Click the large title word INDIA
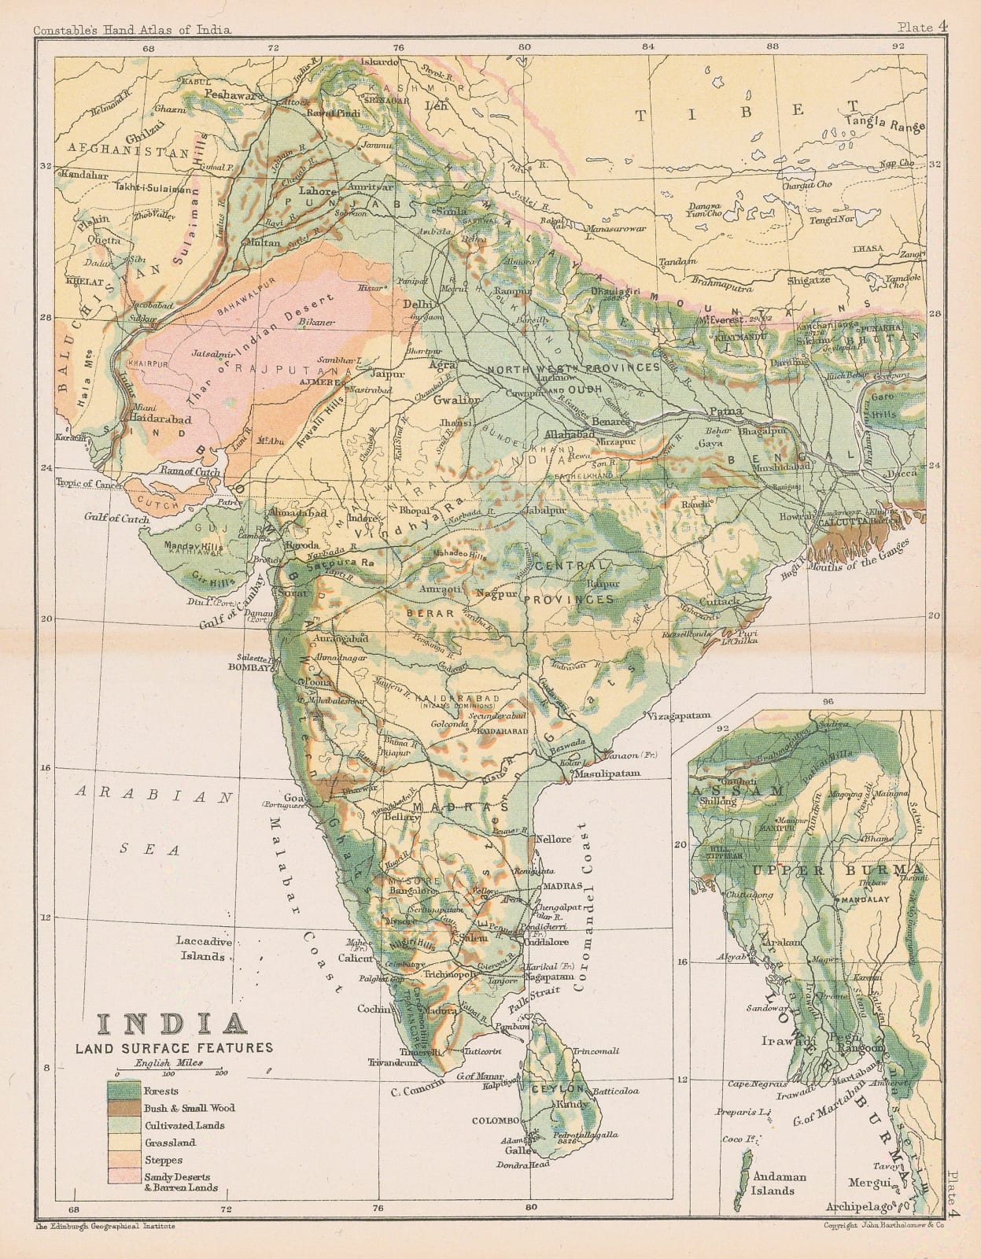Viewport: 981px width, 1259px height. pyautogui.click(x=170, y=1024)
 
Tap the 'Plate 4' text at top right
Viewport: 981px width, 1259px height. pyautogui.click(x=922, y=27)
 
